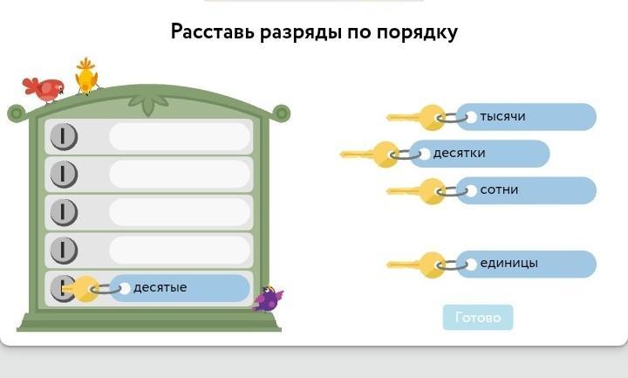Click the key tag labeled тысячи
(526, 117)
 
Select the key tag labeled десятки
(479, 154)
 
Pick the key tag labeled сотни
(526, 190)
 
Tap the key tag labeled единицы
(526, 265)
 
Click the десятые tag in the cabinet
(180, 288)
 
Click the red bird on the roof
(44, 89)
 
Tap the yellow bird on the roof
(86, 77)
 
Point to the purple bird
(268, 299)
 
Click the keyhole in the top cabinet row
(64, 137)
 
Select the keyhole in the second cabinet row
(64, 175)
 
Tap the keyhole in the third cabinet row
(64, 212)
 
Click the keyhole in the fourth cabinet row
(64, 251)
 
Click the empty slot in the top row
(180, 137)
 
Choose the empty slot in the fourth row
(180, 251)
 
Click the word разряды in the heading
(300, 32)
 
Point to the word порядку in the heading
(417, 32)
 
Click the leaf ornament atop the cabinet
(147, 104)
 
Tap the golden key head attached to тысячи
(432, 118)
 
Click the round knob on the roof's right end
(282, 113)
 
